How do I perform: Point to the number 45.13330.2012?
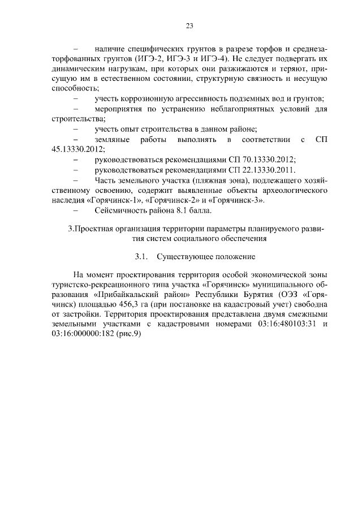coord(76,149)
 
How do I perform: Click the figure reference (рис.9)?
coord(128,334)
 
